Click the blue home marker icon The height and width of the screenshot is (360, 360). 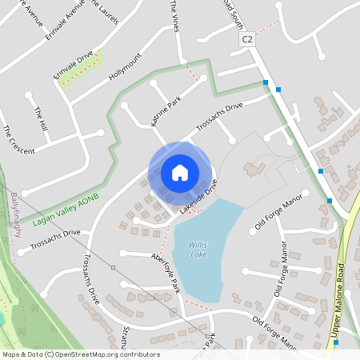(180, 172)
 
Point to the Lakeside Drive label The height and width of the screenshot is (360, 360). (199, 201)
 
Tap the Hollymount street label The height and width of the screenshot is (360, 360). (125, 65)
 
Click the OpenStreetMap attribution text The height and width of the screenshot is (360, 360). (80, 354)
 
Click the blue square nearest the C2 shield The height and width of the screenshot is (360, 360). (266, 82)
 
